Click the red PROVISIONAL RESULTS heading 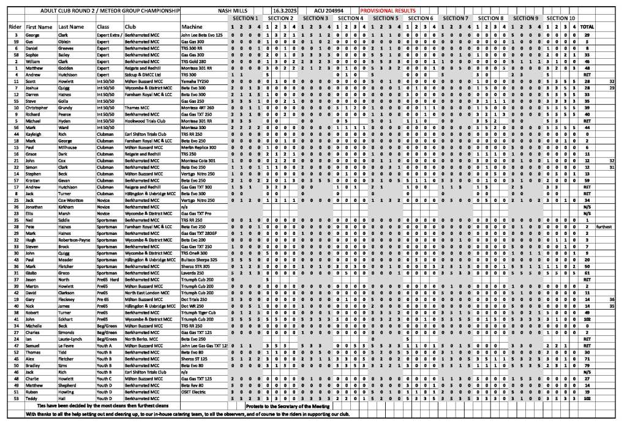click(388, 10)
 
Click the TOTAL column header click(587, 27)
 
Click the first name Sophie click(34, 55)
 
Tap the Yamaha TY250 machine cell click(195, 81)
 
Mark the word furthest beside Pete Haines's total click(604, 226)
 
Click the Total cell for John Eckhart click(587, 319)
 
